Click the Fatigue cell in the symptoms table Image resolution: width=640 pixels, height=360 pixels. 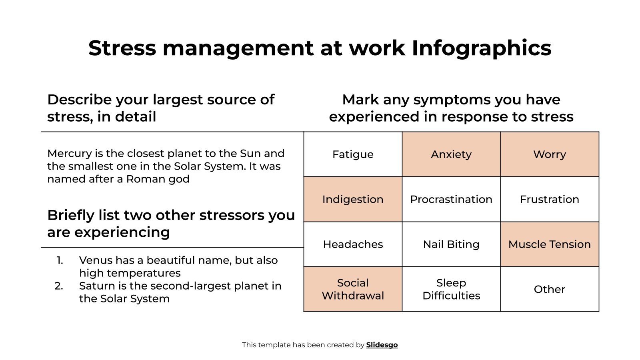[x=353, y=154]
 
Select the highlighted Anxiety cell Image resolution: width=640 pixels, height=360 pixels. [x=451, y=154]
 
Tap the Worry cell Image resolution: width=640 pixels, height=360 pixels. [x=550, y=154]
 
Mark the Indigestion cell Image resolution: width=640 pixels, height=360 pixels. [x=353, y=199]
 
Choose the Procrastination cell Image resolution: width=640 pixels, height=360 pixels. [x=451, y=199]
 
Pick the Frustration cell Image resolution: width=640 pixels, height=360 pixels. [x=550, y=199]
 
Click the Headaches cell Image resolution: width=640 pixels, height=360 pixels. [x=353, y=244]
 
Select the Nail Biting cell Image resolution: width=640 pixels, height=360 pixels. [x=451, y=244]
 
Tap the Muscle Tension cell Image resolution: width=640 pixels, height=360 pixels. [x=550, y=244]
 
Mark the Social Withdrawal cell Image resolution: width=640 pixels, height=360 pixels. [x=353, y=289]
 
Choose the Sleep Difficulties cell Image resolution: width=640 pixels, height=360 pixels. [x=451, y=289]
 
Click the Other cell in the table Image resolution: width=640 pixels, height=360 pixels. [x=550, y=289]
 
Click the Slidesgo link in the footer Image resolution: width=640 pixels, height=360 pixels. [x=382, y=345]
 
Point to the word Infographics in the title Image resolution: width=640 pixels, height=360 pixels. [x=482, y=48]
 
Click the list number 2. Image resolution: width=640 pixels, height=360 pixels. [x=59, y=286]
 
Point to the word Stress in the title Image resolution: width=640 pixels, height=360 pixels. [x=122, y=48]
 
